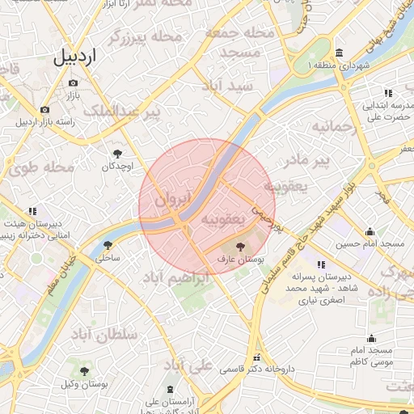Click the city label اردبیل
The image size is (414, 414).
[x=74, y=57]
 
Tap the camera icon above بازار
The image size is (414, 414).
[x=74, y=82]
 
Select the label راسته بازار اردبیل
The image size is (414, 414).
[x=45, y=121]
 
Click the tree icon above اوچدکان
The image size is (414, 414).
[x=118, y=152]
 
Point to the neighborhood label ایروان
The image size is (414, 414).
[x=171, y=196]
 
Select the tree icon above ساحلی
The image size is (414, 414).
[x=108, y=245]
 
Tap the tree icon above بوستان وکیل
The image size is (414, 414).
[x=84, y=370]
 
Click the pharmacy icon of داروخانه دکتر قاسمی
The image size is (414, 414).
[x=257, y=357]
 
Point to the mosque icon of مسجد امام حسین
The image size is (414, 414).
[x=370, y=231]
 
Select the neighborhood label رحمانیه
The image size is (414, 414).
[x=335, y=127]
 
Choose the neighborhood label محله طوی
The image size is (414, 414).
[x=42, y=168]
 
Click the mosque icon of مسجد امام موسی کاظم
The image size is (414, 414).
[x=370, y=338]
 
